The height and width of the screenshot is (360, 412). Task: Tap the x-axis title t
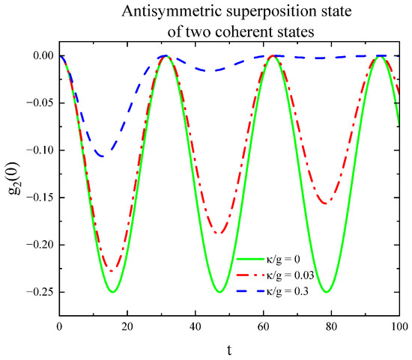(x=231, y=349)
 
